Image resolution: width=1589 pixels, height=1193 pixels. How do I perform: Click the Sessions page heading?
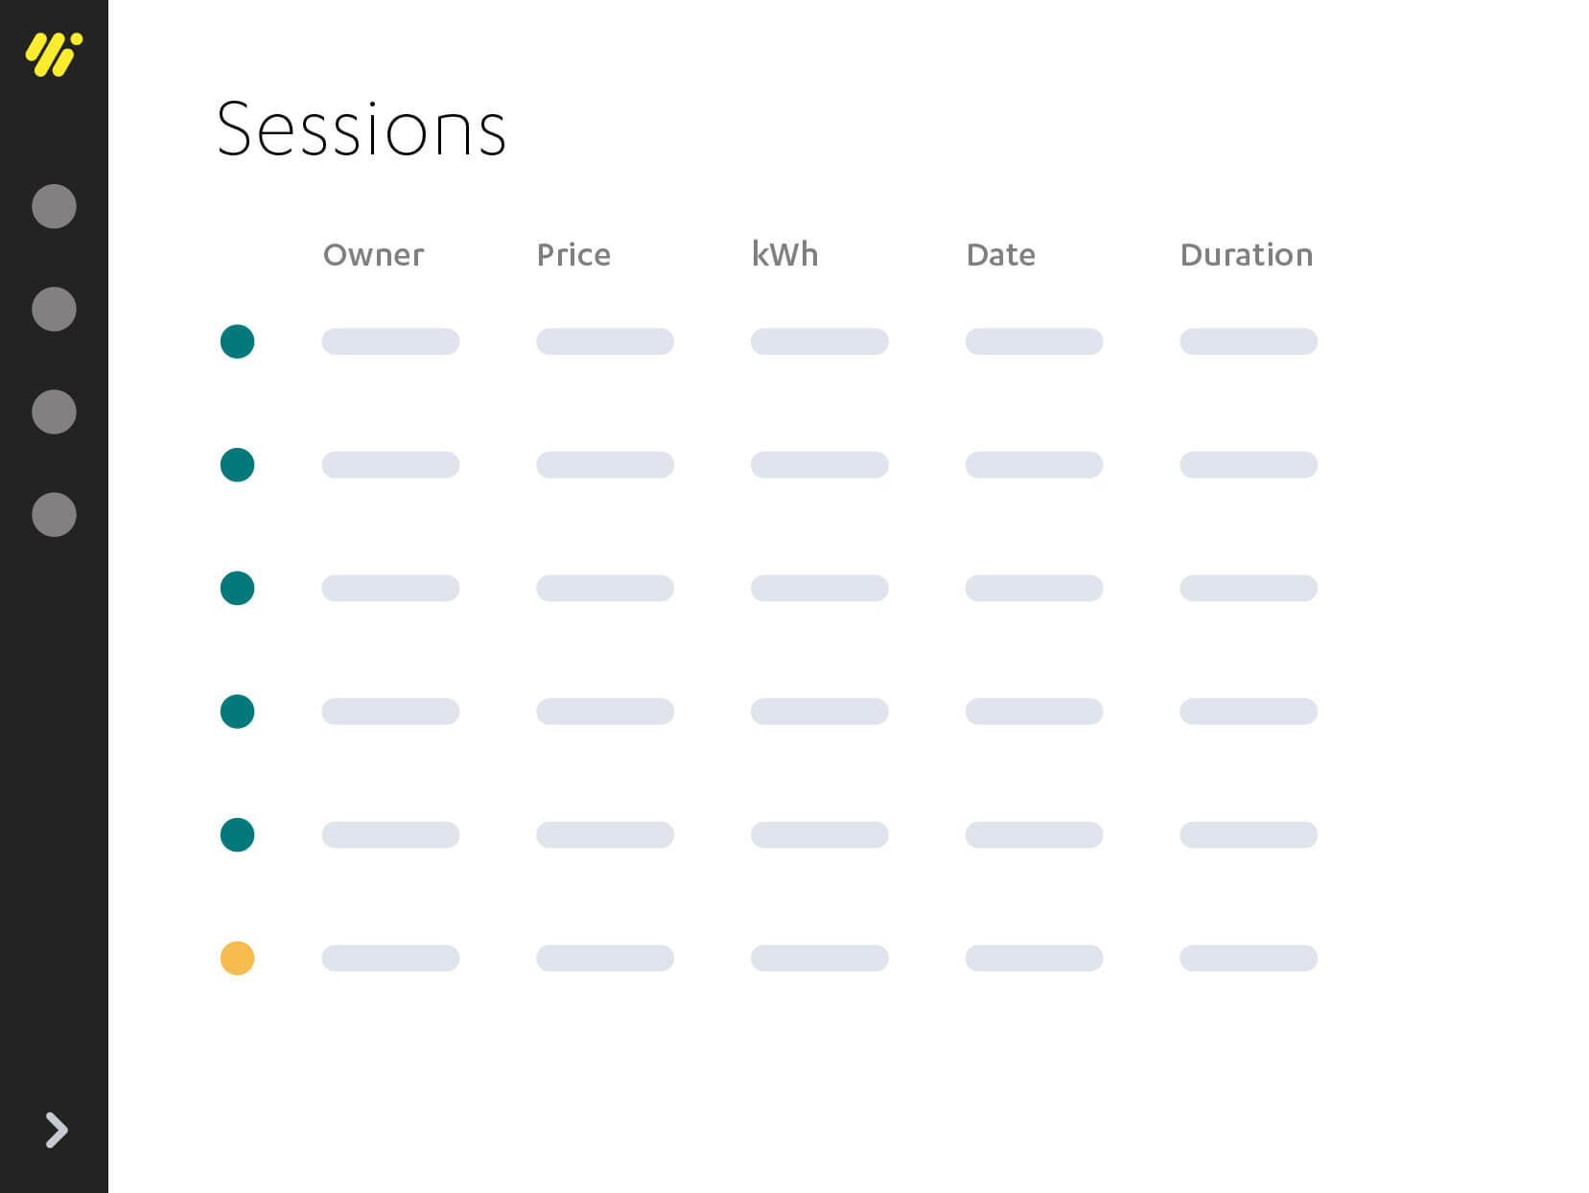tap(361, 129)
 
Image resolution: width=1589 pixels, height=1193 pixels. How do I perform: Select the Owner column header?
tap(373, 255)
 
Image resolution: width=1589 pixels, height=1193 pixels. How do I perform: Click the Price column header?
tap(573, 255)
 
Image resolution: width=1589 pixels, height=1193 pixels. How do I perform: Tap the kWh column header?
tap(784, 254)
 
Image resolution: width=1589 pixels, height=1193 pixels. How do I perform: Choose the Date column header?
tap(1000, 255)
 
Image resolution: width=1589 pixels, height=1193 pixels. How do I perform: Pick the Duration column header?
tap(1246, 255)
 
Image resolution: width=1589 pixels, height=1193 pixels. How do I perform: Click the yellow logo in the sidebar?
tap(54, 54)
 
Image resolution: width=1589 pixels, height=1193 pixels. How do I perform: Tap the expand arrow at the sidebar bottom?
tap(57, 1130)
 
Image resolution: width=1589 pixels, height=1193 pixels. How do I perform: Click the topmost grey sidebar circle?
tap(54, 206)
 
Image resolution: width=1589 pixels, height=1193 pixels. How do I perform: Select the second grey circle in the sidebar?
tap(54, 309)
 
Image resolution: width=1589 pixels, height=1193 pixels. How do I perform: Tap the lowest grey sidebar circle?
tap(54, 515)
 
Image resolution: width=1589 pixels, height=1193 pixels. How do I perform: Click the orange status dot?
tap(237, 958)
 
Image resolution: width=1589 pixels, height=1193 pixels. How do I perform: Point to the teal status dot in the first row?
tap(237, 341)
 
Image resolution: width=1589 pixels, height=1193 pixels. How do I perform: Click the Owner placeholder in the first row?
tap(390, 341)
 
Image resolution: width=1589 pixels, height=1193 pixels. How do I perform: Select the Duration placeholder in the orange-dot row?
tap(1248, 958)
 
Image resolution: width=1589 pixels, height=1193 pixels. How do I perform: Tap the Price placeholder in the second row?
tap(604, 465)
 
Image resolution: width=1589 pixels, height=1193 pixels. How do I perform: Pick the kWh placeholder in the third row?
tap(819, 588)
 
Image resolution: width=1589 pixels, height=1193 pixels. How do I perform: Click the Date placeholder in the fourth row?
tap(1034, 712)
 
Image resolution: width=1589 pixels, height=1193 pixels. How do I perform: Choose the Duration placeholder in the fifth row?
tap(1248, 834)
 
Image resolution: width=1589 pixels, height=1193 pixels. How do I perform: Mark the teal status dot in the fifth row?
tap(237, 834)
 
